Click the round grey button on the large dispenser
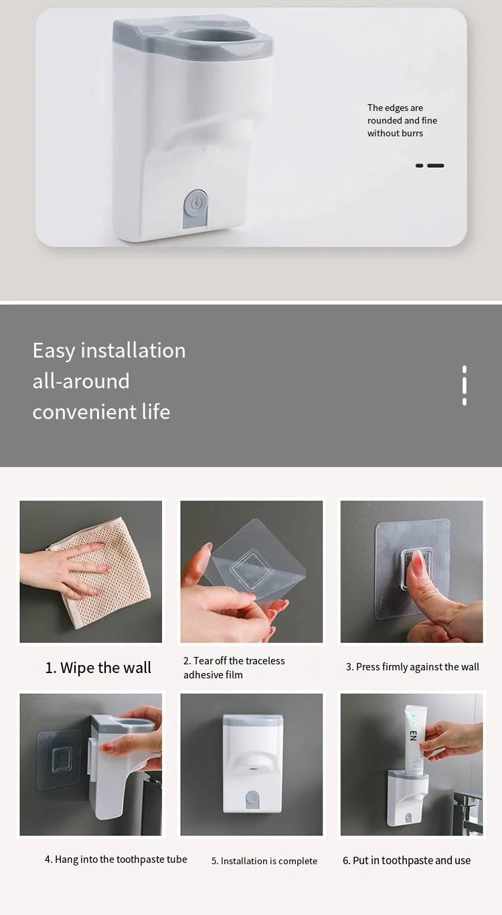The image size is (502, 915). [x=195, y=202]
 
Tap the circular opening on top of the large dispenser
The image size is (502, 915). [x=217, y=37]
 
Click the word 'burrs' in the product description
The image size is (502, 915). [x=412, y=133]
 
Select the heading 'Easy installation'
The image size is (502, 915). [x=109, y=350]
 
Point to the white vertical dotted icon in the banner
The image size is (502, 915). [x=465, y=385]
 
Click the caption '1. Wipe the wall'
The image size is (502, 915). [x=98, y=668]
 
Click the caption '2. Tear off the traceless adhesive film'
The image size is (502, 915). [x=234, y=668]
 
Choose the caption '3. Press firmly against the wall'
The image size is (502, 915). [x=412, y=666]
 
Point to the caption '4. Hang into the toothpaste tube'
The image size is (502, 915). [x=116, y=859]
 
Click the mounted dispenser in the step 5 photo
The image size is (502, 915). [x=252, y=763]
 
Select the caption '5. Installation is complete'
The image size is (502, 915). [x=264, y=861]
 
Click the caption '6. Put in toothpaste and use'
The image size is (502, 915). [x=407, y=860]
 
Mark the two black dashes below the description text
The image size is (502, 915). [x=430, y=166]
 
